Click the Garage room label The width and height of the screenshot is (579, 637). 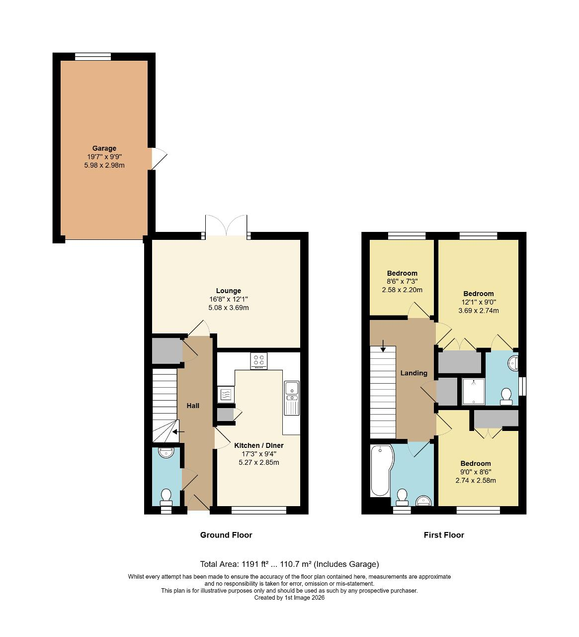pyautogui.click(x=104, y=148)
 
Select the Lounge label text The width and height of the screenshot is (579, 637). pyautogui.click(x=228, y=291)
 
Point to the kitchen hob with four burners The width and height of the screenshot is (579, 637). pyautogui.click(x=258, y=361)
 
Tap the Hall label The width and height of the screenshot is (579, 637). pyautogui.click(x=193, y=406)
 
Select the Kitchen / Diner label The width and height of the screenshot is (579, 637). pyautogui.click(x=258, y=445)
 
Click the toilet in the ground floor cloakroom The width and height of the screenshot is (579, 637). pyautogui.click(x=166, y=496)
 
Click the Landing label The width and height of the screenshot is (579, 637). pyautogui.click(x=414, y=373)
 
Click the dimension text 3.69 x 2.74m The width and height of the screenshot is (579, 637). pyautogui.click(x=478, y=311)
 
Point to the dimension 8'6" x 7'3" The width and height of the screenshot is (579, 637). pyautogui.click(x=402, y=281)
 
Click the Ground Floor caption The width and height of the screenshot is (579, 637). pyautogui.click(x=226, y=535)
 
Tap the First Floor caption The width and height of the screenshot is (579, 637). pyautogui.click(x=444, y=535)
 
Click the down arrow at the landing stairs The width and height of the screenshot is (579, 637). pyautogui.click(x=383, y=345)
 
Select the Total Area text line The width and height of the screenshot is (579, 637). pyautogui.click(x=289, y=564)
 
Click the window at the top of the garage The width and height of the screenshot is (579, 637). pyautogui.click(x=93, y=57)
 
